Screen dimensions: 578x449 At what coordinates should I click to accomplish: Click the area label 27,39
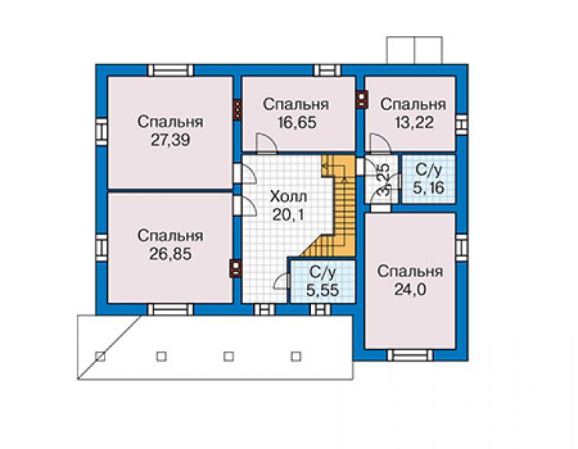[170, 140]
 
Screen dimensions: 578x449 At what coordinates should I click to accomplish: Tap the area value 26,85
[170, 254]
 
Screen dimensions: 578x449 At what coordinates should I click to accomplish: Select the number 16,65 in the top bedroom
[297, 123]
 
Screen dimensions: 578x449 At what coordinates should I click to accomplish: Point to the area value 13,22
[414, 123]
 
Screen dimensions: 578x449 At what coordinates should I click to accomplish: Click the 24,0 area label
[410, 290]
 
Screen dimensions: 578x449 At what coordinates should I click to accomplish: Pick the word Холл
[288, 197]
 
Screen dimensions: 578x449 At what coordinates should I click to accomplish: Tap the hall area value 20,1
[288, 214]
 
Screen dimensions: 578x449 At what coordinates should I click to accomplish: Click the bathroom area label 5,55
[323, 290]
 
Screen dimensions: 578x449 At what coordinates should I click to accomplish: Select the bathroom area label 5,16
[428, 188]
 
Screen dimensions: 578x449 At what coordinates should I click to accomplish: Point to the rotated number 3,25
[384, 180]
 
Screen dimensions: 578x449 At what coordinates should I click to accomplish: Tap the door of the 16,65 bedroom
[266, 143]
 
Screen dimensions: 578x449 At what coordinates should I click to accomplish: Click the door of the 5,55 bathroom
[283, 282]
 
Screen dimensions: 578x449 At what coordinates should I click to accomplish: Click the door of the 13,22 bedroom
[380, 143]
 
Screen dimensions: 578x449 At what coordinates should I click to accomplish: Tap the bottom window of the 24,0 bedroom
[410, 355]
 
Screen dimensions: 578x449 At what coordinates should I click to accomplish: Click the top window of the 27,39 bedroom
[170, 70]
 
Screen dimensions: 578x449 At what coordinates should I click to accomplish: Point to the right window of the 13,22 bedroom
[462, 125]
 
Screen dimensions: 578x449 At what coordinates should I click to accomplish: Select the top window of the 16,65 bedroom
[327, 70]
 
